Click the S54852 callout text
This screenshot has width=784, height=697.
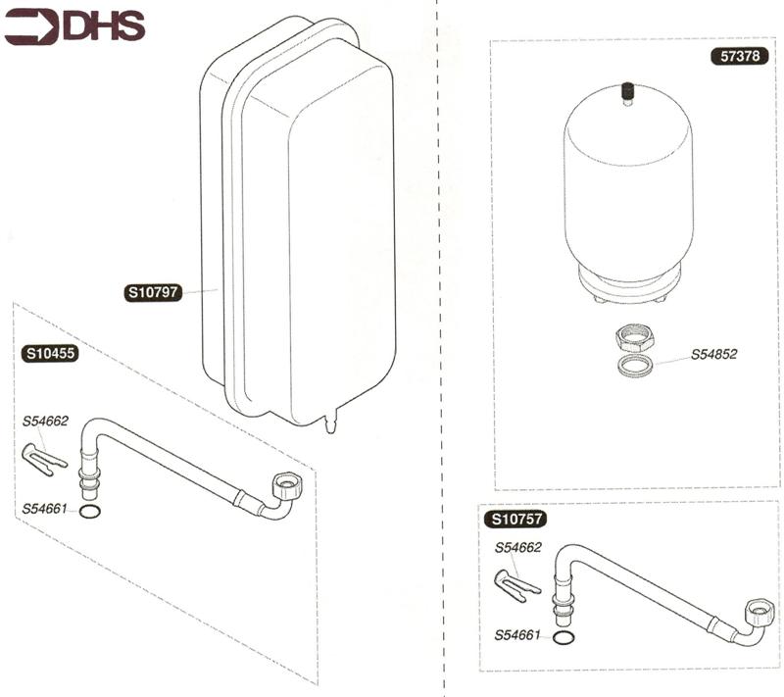(713, 355)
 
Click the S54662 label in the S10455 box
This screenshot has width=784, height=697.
(46, 422)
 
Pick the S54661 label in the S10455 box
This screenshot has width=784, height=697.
(46, 509)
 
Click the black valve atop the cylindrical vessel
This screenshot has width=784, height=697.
(627, 93)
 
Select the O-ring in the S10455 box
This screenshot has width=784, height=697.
(88, 511)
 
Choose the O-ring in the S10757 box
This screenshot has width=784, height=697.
(563, 637)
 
